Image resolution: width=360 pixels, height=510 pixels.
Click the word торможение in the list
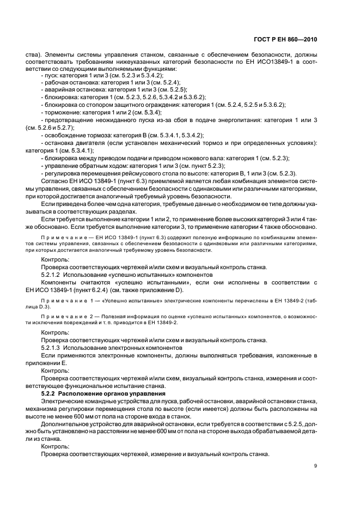click(x=61, y=112)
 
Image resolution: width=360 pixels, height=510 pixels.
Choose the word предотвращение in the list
click(x=67, y=119)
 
